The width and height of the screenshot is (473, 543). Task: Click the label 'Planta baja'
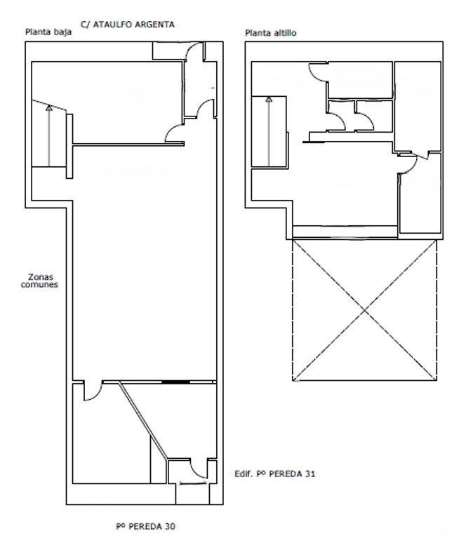point(48,32)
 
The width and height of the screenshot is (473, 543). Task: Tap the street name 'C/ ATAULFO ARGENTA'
point(128,25)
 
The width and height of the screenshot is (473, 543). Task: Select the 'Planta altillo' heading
point(271,33)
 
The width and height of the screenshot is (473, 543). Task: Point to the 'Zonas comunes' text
point(39,281)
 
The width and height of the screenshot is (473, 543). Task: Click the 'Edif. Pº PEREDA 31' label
point(275,474)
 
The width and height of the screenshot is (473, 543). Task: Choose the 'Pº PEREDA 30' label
point(145,526)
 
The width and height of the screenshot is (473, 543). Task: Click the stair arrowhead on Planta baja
point(49,108)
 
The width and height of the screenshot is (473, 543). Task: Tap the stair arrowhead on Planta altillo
point(269,100)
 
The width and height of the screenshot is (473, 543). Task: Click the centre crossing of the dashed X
point(364,311)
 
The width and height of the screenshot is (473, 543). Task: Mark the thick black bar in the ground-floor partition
point(175,382)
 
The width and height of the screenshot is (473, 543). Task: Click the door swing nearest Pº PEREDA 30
point(199,469)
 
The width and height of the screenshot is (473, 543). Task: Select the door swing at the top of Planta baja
point(194,52)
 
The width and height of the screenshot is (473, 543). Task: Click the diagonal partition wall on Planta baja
point(143,420)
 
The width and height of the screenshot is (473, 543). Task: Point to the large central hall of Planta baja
point(145,263)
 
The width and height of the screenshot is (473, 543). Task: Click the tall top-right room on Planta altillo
point(418,107)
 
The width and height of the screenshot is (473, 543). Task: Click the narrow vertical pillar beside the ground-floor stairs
point(69,146)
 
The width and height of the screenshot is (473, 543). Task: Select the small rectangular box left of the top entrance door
point(168,51)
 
